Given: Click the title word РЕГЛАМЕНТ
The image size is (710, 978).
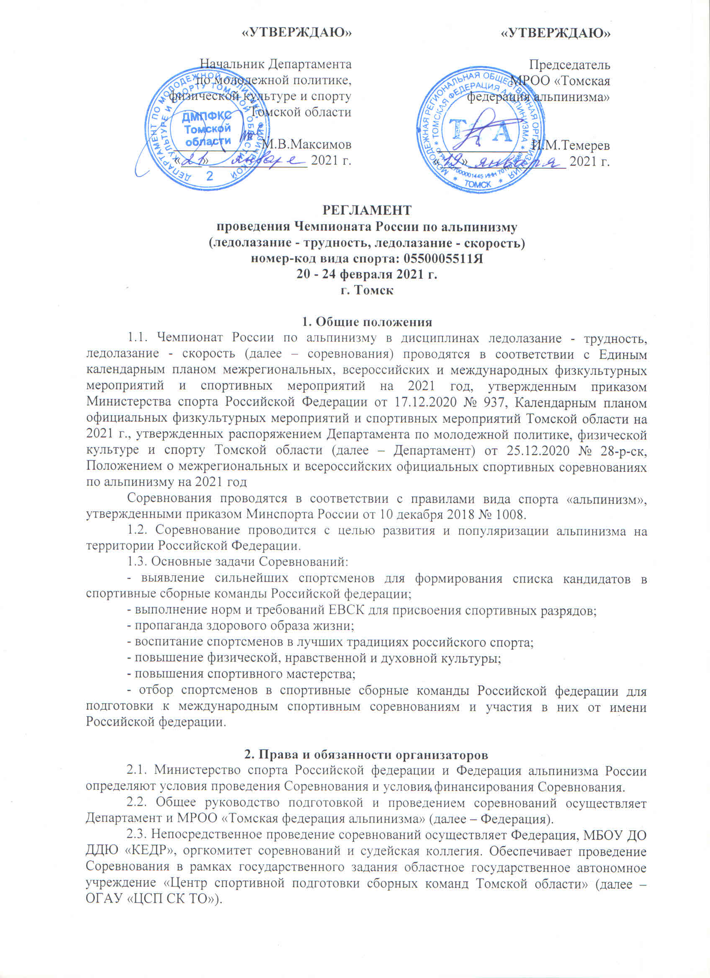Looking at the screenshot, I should tap(367, 211).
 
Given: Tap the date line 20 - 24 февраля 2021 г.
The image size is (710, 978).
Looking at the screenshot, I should tap(367, 274).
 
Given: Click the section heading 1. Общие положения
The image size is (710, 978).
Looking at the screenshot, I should tap(366, 322).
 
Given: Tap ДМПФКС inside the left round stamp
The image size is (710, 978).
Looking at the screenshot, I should tap(206, 116).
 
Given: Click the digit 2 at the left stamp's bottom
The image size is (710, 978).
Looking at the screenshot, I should tap(211, 175).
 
